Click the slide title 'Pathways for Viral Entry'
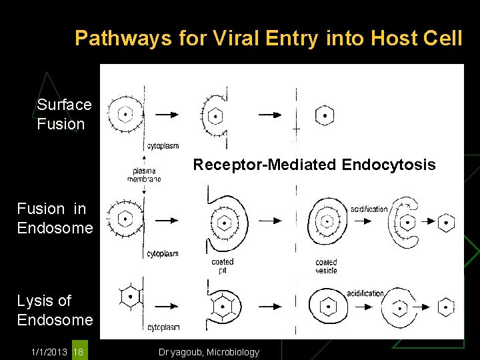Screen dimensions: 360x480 click(268, 38)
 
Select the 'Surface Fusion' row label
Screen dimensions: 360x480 click(64, 114)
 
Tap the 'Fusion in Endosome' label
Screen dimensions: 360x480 click(55, 219)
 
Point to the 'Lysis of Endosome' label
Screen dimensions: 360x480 click(55, 310)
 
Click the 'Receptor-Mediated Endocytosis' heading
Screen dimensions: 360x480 click(314, 165)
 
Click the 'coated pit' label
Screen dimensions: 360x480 click(222, 266)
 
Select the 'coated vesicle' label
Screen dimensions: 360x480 click(326, 266)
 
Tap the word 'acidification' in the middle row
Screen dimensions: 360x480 click(367, 209)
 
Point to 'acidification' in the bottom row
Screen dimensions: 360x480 click(365, 293)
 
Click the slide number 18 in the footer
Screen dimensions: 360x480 click(79, 352)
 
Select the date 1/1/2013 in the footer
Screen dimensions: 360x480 click(48, 352)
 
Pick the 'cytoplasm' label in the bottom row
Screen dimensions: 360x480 click(163, 327)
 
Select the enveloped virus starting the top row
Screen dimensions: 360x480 click(125, 114)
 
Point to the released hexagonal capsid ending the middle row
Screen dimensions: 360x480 click(447, 222)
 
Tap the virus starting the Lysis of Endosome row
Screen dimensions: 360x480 click(131, 296)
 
